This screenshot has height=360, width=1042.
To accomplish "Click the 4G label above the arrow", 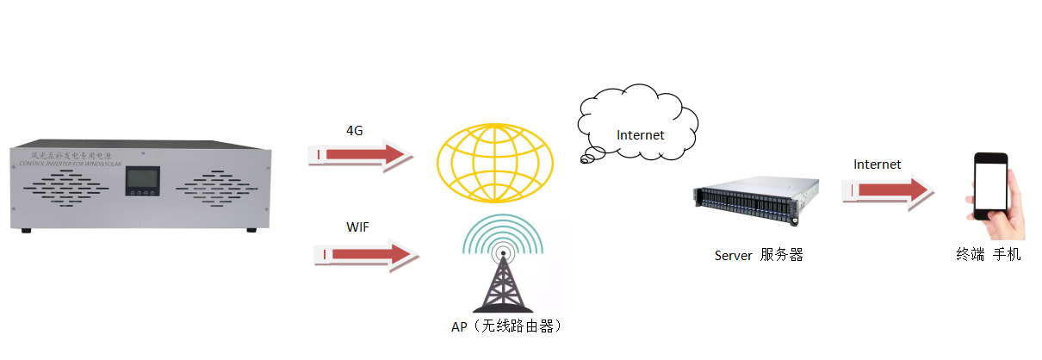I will coord(354,130).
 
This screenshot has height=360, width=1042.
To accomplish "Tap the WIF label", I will coord(358,227).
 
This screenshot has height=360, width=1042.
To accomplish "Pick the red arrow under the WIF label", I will coord(363,255).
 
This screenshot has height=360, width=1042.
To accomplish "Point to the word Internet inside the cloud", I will coord(640,135).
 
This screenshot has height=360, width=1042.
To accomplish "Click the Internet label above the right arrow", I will coord(877,164).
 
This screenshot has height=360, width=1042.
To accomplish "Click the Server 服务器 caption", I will coord(759,255).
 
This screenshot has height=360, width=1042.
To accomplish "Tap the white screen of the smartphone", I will coord(990,186).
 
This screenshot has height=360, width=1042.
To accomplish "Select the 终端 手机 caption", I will coord(989,255).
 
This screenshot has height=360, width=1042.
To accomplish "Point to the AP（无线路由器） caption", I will coord(505,326).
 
